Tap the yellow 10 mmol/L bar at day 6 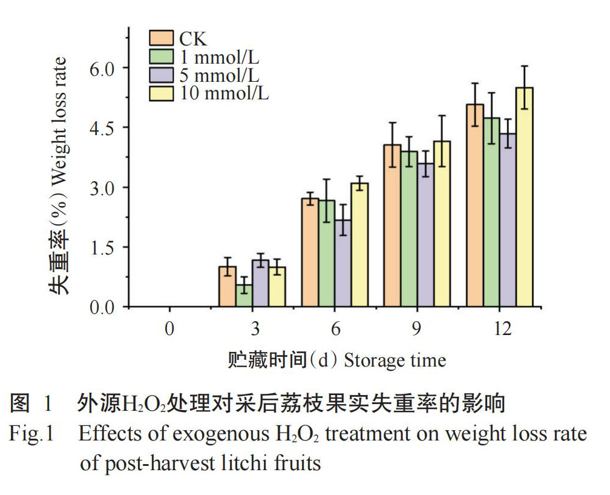[359, 245]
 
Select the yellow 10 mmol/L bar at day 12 [524, 198]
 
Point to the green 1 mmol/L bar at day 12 [491, 212]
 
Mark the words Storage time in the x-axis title [395, 360]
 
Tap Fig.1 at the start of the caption [31, 434]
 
